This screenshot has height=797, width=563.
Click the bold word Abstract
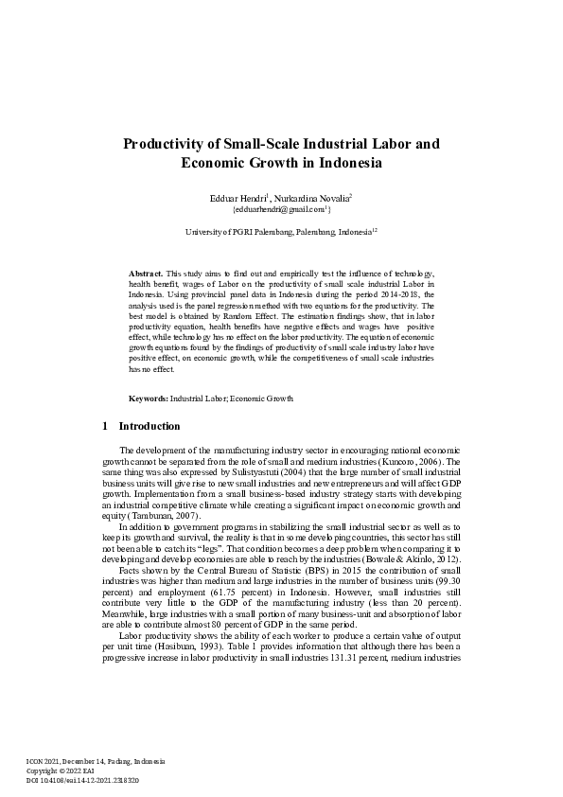[x=146, y=273]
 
